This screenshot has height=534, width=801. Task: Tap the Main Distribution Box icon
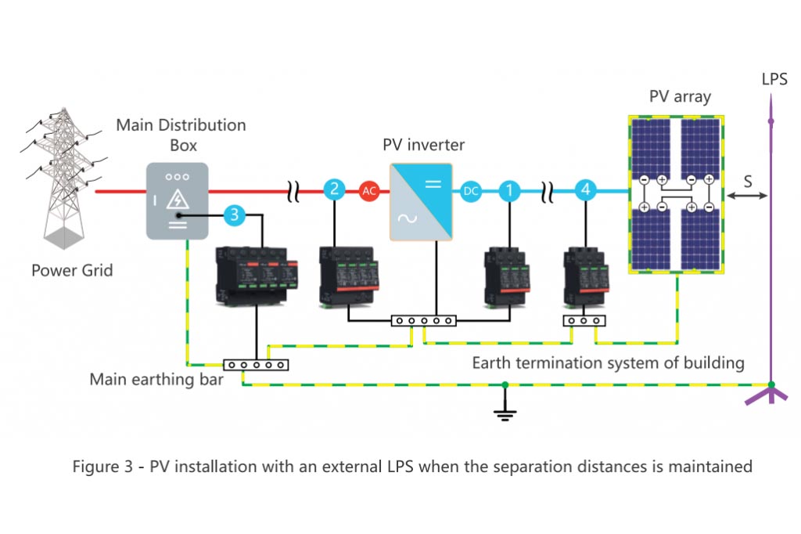pyautogui.click(x=177, y=200)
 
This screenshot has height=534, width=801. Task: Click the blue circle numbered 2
pyautogui.click(x=334, y=189)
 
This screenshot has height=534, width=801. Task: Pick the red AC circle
pyautogui.click(x=369, y=189)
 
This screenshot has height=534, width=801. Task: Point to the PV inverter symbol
pyautogui.click(x=421, y=201)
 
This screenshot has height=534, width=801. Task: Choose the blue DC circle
pyautogui.click(x=470, y=189)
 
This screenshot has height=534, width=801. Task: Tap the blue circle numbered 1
pyautogui.click(x=509, y=189)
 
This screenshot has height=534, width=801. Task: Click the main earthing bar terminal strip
pyautogui.click(x=256, y=364)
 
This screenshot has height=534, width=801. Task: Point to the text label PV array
pyautogui.click(x=680, y=98)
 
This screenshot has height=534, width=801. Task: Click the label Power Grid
pyautogui.click(x=72, y=271)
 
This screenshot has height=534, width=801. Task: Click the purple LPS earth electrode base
pyautogui.click(x=770, y=391)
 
